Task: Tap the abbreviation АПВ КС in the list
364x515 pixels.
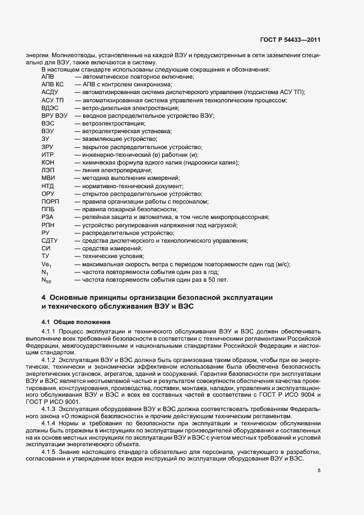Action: pos(53,85)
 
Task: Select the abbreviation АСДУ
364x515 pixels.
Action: pos(50,93)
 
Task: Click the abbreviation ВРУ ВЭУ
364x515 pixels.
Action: pos(54,116)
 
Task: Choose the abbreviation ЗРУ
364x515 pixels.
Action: pos(48,147)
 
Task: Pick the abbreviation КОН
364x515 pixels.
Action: pos(48,163)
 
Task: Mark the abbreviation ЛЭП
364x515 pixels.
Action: pos(48,171)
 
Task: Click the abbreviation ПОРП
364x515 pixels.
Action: pos(50,202)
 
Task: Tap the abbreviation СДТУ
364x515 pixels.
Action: pos(50,241)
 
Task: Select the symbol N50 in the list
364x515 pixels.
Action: pos(46,281)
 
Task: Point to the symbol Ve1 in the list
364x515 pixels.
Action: pos(46,265)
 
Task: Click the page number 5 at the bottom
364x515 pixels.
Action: pos(318,470)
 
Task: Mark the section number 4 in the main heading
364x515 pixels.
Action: pos(44,298)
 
